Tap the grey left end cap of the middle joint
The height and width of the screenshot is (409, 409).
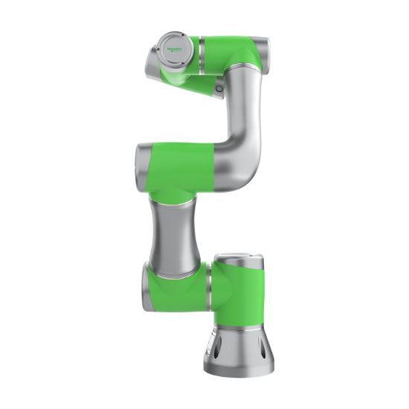pos(141,159)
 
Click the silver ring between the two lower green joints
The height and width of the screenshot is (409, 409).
pos(209,286)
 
